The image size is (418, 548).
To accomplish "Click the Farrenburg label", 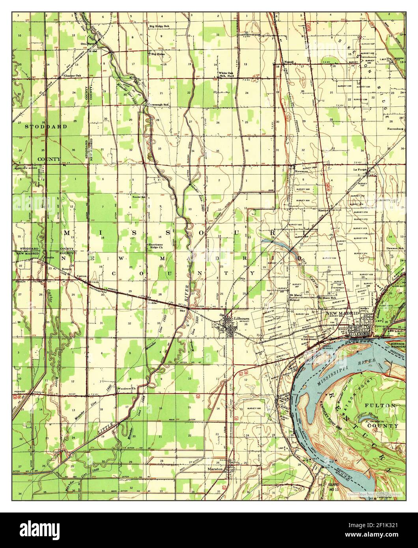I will coord(395,129).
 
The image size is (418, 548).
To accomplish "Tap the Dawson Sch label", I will coord(395,248).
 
